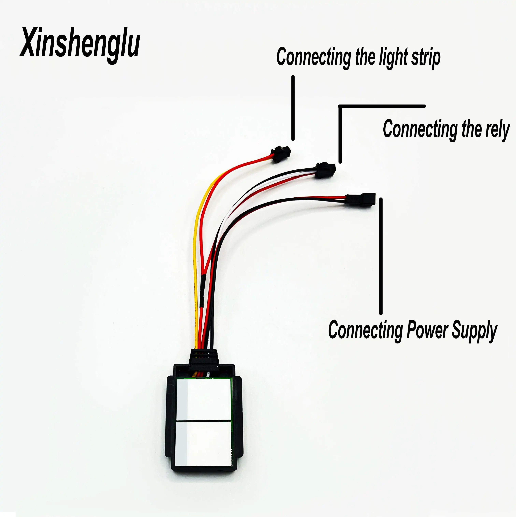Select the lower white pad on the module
(203, 443)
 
